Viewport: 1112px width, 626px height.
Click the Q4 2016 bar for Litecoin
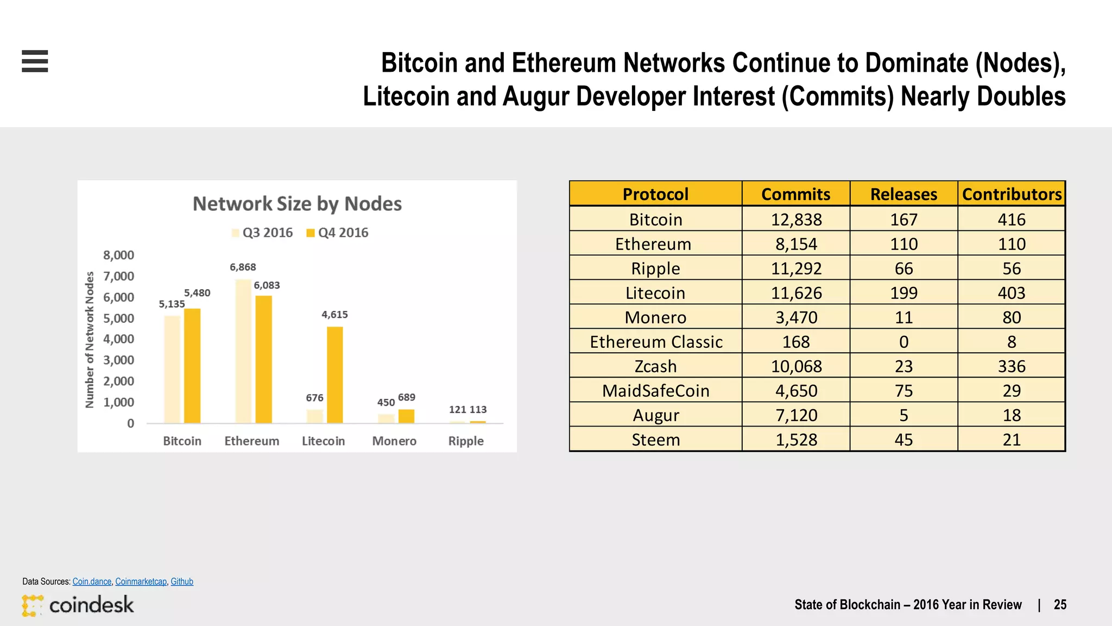(334, 374)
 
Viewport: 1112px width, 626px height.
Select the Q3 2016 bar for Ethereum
(243, 351)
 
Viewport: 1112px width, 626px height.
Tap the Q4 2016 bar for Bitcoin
(192, 366)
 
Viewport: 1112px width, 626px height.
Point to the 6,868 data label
(243, 267)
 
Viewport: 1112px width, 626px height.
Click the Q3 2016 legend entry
(262, 233)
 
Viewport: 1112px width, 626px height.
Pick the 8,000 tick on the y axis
(118, 255)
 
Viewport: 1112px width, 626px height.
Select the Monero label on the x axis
(394, 441)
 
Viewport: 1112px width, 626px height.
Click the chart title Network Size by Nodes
(297, 204)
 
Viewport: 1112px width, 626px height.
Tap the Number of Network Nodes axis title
(90, 340)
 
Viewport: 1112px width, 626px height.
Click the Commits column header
(795, 194)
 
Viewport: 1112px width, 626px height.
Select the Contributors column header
(1012, 194)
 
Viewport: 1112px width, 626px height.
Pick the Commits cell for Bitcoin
(796, 220)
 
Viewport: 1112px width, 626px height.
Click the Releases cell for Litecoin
(903, 293)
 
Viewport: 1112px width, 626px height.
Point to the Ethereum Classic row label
(656, 342)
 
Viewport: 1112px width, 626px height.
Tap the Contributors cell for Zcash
(1012, 366)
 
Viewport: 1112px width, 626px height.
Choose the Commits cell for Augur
(796, 415)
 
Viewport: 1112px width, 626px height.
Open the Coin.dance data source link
(92, 581)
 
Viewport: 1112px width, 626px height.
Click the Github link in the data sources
(182, 581)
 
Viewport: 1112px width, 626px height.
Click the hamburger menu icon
(35, 61)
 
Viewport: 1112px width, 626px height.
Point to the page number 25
(1060, 605)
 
